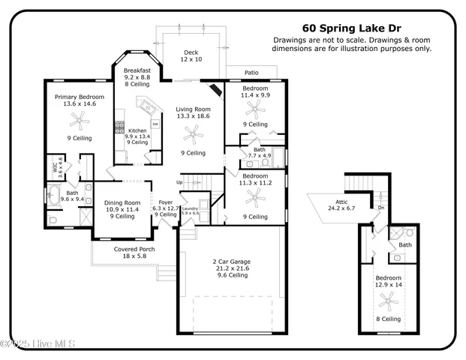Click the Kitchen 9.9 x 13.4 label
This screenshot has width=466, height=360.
point(137,136)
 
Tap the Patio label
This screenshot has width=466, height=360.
point(251,73)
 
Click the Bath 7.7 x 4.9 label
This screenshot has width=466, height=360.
point(260,153)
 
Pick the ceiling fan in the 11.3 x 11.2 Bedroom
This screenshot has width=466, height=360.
point(255,198)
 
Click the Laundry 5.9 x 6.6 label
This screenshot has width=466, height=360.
point(190,211)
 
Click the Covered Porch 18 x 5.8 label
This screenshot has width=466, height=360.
point(135,253)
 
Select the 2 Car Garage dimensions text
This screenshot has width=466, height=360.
point(231,268)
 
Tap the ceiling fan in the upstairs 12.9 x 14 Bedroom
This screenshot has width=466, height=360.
point(389,301)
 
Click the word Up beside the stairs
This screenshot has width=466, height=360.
point(179,182)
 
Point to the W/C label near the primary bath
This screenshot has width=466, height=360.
point(56,169)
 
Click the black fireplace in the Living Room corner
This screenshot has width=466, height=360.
point(215,91)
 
